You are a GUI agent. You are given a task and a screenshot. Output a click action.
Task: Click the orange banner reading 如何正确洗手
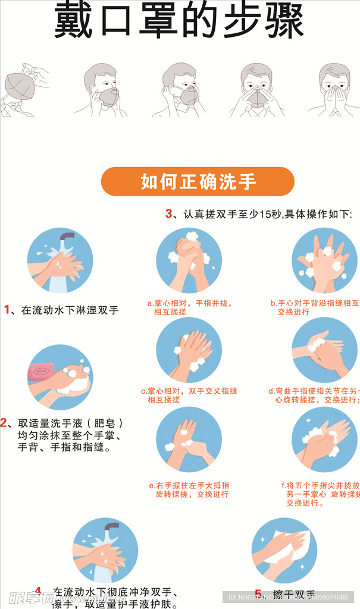click(198, 181)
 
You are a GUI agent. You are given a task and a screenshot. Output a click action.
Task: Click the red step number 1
click(7, 309)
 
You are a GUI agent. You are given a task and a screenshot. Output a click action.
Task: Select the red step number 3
click(168, 214)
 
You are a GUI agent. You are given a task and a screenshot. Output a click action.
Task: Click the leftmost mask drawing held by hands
click(23, 89)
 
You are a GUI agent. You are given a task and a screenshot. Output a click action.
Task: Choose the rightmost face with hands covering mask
click(334, 89)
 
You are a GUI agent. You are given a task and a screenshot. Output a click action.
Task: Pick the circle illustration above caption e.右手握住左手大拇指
click(189, 440)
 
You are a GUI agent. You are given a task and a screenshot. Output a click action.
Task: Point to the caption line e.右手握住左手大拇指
click(189, 485)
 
